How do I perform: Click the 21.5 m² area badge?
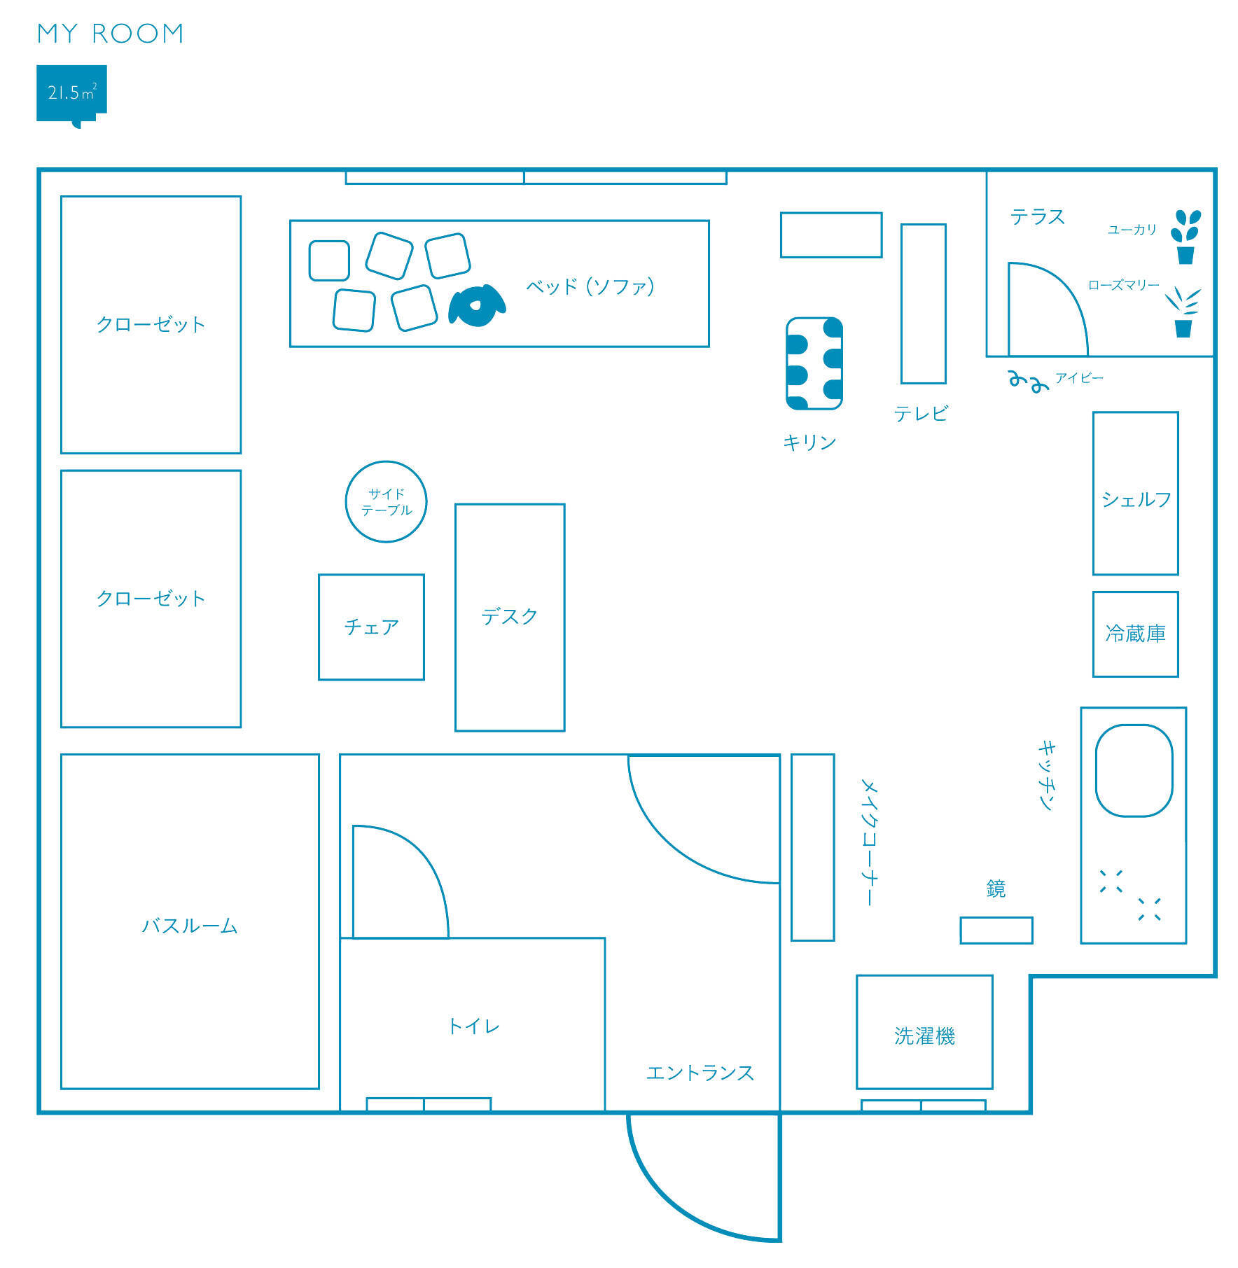point(71,94)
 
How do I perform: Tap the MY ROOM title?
point(111,34)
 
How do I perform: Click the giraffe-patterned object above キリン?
point(814,363)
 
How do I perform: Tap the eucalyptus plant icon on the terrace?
point(1185,237)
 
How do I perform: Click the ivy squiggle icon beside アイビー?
point(1028,380)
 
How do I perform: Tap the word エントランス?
point(700,1073)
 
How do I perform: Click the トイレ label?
point(474,1026)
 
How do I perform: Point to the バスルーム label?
point(190,926)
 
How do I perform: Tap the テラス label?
point(1037,217)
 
